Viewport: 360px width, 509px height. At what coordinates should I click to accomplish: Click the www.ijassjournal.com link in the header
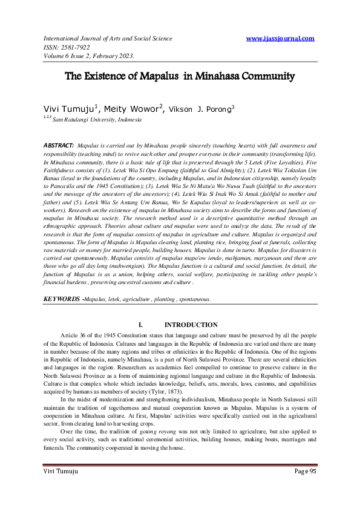pos(281,38)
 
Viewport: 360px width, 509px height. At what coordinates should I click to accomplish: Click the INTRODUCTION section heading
pos(191,325)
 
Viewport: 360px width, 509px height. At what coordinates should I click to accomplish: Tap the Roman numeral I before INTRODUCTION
pos(141,325)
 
